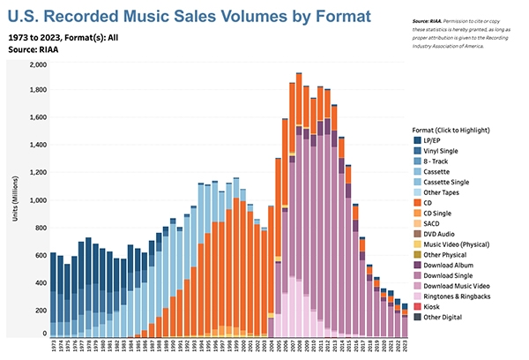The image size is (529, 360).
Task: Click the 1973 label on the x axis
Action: pyautogui.click(x=54, y=347)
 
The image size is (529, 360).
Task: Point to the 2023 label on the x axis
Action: pyautogui.click(x=405, y=347)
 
